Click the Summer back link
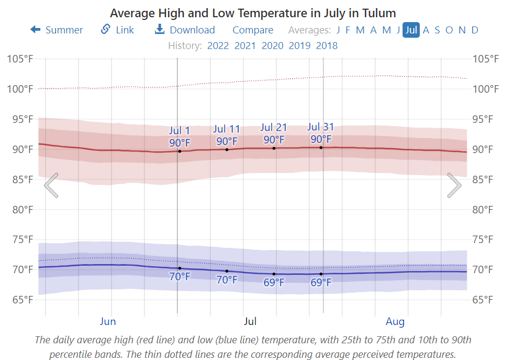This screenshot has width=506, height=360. pyautogui.click(x=57, y=30)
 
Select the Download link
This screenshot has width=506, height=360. pyautogui.click(x=185, y=30)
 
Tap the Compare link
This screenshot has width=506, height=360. pyautogui.click(x=253, y=30)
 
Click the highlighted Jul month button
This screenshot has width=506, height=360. pyautogui.click(x=411, y=30)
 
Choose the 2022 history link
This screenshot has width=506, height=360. pyautogui.click(x=218, y=45)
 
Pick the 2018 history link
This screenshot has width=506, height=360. pyautogui.click(x=327, y=45)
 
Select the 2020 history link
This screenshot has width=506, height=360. pyautogui.click(x=273, y=45)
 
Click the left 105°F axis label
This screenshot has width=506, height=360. pyautogui.click(x=20, y=59)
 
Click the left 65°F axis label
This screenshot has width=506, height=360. pyautogui.click(x=20, y=300)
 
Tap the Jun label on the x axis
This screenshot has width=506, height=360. pyautogui.click(x=108, y=322)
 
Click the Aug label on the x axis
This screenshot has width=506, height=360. pyautogui.click(x=395, y=322)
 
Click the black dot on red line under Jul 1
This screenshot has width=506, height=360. pyautogui.click(x=179, y=151)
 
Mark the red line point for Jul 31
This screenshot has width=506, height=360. pyautogui.click(x=321, y=147)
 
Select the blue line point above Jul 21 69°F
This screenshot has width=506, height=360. pyautogui.click(x=274, y=274)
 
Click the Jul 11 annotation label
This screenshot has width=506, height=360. pyautogui.click(x=226, y=129)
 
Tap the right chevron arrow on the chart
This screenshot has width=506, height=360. pyautogui.click(x=454, y=185)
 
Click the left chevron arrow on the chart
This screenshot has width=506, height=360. pyautogui.click(x=51, y=185)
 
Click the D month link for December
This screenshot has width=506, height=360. pyautogui.click(x=475, y=30)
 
